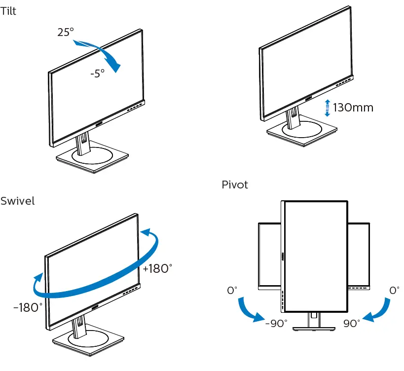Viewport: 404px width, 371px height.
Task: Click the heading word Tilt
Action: coord(8,11)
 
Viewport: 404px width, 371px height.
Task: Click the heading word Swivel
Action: coord(17,201)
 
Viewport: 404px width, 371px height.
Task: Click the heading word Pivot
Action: coord(234,185)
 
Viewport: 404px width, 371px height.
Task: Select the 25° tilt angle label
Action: coord(65,32)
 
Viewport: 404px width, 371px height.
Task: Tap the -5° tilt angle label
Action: coord(97,74)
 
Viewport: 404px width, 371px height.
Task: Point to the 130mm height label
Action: coord(353,107)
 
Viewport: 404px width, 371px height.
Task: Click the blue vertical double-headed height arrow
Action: coord(327,107)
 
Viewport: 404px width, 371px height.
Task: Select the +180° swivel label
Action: coord(157,269)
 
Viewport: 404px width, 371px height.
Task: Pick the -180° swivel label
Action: coord(28,308)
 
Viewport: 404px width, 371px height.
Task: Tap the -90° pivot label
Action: coord(276,324)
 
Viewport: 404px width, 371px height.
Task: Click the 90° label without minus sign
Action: coord(352,324)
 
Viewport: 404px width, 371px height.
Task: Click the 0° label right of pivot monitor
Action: coord(394,291)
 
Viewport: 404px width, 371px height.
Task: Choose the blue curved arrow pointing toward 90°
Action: coord(377,311)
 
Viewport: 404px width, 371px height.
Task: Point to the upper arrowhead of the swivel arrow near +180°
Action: coord(144,232)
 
